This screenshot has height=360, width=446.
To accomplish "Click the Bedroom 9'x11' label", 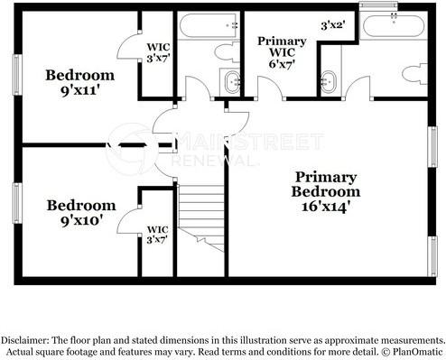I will point(80,82).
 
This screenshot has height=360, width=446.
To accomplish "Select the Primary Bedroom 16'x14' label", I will point(325,191).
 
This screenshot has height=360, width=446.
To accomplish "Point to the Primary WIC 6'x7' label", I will point(282,53).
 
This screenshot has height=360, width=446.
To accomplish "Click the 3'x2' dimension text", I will point(333,26).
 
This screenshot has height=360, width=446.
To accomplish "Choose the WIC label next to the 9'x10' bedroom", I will point(157,234).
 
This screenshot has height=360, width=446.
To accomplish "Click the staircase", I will point(200,216).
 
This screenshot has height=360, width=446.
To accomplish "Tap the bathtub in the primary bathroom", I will point(392,27).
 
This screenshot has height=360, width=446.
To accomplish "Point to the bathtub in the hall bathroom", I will point(209,26).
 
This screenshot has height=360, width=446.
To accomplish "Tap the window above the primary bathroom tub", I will point(378,6).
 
